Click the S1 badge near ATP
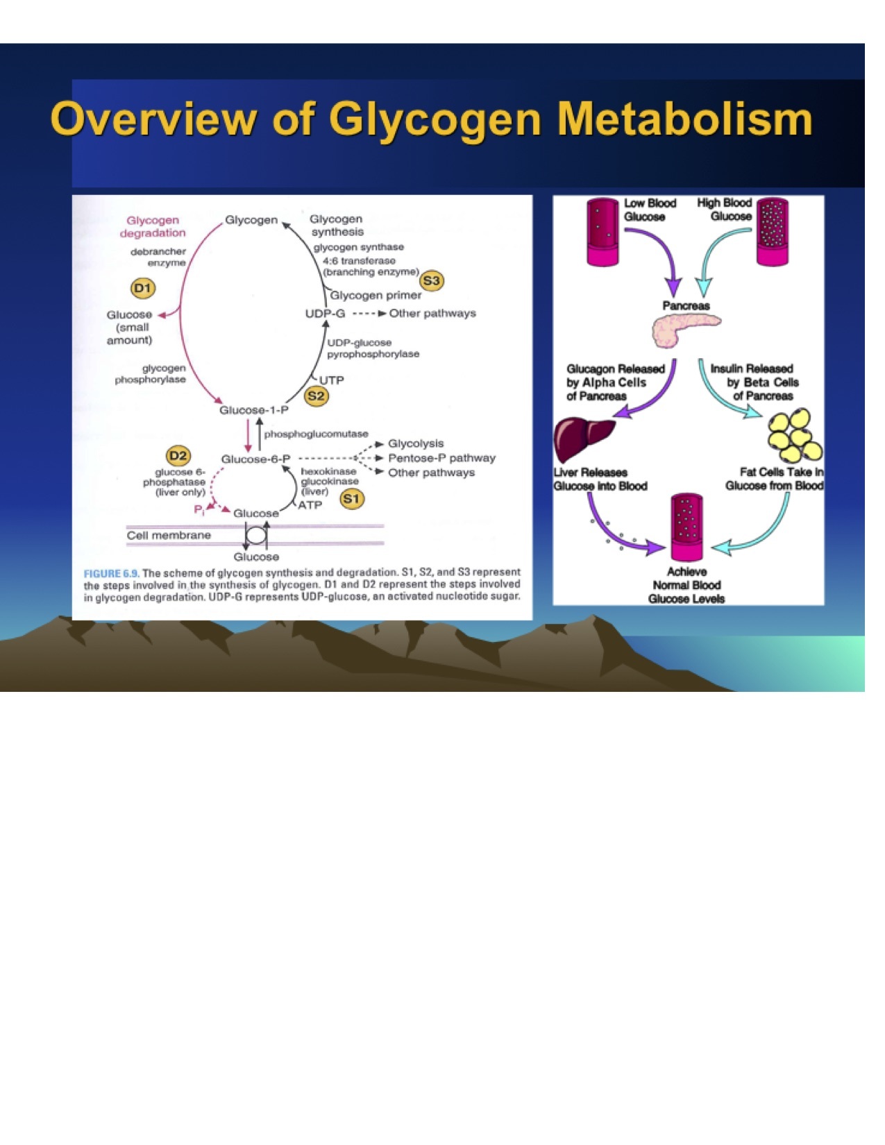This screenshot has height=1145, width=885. [x=352, y=498]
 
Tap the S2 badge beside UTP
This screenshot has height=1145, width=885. [x=317, y=396]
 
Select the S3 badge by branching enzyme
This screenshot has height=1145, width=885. [x=432, y=280]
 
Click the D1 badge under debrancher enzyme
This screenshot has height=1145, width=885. [x=142, y=287]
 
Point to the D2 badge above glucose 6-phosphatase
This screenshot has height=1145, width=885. [x=178, y=455]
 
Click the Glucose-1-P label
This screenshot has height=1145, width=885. [x=254, y=410]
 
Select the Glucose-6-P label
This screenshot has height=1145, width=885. [x=255, y=459]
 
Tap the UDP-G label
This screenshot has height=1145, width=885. [x=325, y=314]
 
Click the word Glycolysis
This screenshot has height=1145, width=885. [x=415, y=443]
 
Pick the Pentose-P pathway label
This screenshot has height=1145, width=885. [x=441, y=458]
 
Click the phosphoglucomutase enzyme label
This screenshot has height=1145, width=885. [x=316, y=434]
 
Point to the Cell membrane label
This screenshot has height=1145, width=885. [x=169, y=535]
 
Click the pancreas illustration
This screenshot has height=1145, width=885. [x=684, y=330]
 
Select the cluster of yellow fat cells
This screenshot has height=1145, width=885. [x=795, y=436]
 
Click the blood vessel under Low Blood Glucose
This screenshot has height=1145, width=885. [x=602, y=232]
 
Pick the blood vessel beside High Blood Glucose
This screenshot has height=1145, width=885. [x=771, y=232]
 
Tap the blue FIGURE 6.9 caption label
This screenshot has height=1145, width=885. [x=111, y=573]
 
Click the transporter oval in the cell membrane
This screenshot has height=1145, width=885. [x=255, y=536]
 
